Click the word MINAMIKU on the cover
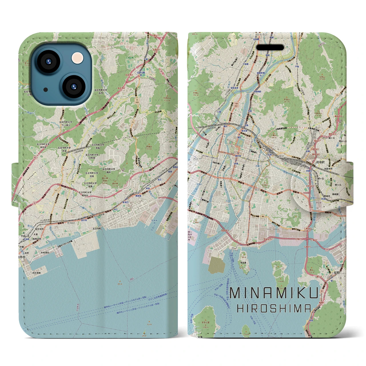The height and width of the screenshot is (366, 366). (x=274, y=294)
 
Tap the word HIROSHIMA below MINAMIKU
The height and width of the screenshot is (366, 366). (x=274, y=308)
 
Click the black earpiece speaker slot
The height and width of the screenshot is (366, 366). (x=270, y=47)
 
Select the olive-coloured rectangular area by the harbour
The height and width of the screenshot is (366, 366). (x=216, y=264)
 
